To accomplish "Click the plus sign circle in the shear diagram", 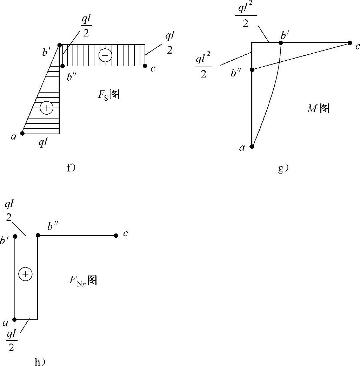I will (x=46, y=108).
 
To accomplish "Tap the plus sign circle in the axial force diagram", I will (x=25, y=274).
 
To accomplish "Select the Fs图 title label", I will (x=109, y=95).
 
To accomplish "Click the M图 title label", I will (x=318, y=109).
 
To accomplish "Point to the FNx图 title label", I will (x=83, y=280).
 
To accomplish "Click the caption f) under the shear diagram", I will (x=71, y=168).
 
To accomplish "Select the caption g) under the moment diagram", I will (x=283, y=169).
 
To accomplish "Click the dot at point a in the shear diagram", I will (x=22, y=133).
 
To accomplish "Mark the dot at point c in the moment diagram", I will (x=350, y=43).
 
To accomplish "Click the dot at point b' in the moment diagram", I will (x=281, y=43).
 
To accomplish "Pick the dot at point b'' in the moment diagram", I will (x=252, y=70).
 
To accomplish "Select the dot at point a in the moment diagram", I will (x=252, y=146).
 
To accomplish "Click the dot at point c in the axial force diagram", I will (x=116, y=236).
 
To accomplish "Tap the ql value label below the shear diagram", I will (x=43, y=143).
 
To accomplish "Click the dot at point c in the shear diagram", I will (x=145, y=66).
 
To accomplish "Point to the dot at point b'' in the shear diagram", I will (x=62, y=66).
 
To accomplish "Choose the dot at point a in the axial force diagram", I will (x=15, y=319).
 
